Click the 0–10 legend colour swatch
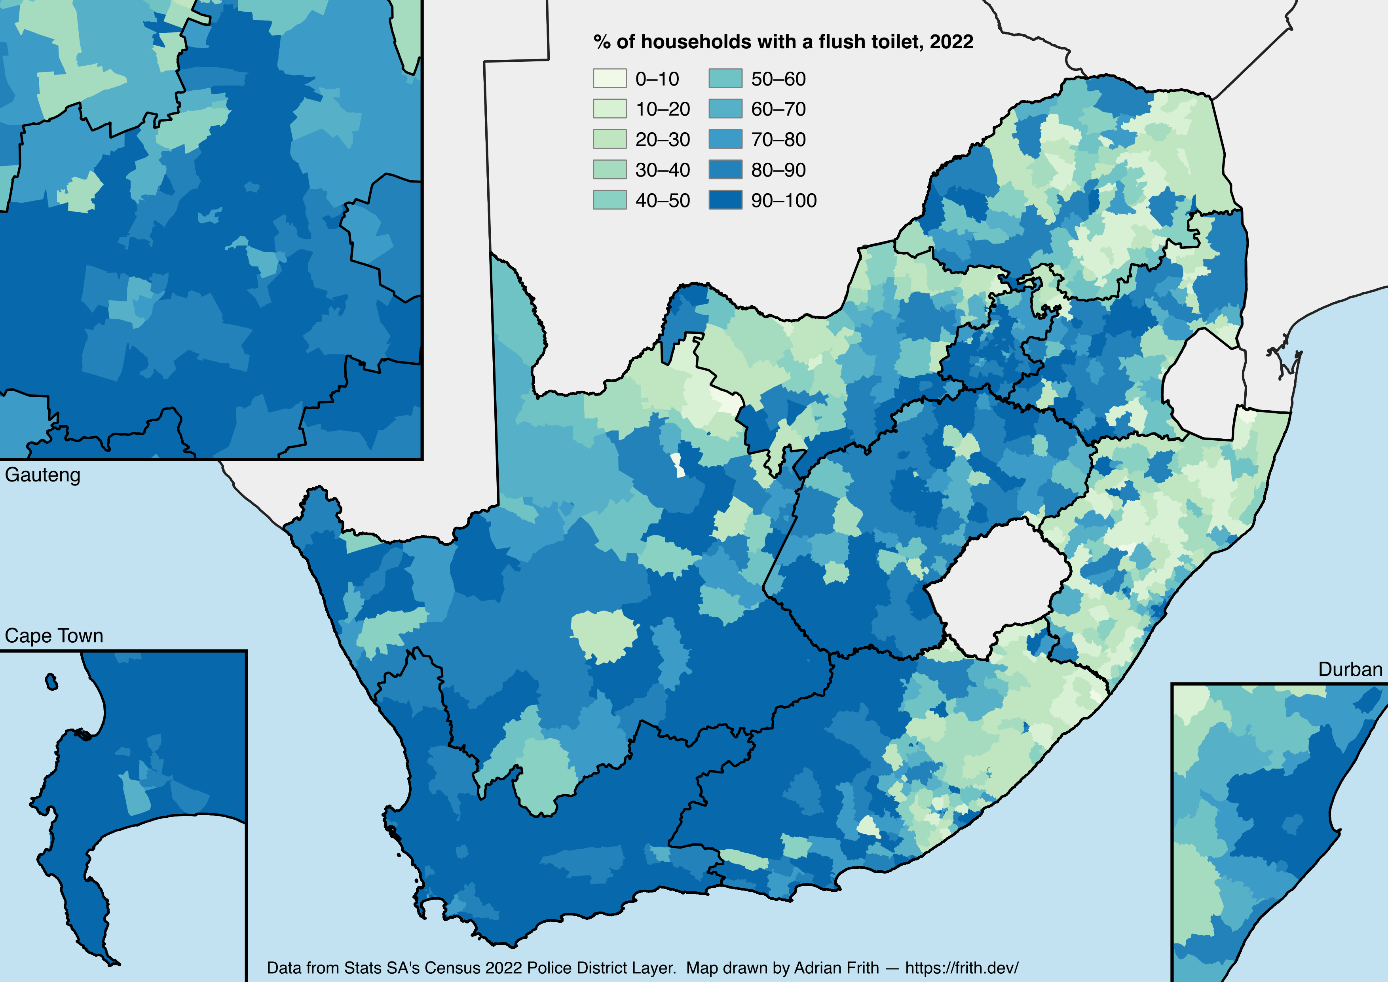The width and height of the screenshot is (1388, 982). (x=610, y=79)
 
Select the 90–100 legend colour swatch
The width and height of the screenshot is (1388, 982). (x=725, y=200)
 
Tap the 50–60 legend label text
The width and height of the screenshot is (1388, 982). (x=778, y=79)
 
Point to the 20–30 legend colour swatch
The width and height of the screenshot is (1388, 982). (x=610, y=139)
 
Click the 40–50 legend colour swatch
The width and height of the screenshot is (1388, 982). (x=610, y=200)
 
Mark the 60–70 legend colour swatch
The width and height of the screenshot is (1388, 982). (x=725, y=109)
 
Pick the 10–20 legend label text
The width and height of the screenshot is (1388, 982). (x=663, y=109)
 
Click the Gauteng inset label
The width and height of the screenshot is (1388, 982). (x=42, y=475)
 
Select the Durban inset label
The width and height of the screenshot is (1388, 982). (x=1350, y=669)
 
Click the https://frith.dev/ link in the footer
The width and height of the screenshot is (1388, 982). (x=962, y=967)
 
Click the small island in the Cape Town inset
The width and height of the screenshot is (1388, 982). (x=51, y=682)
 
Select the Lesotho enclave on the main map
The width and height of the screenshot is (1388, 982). (x=997, y=586)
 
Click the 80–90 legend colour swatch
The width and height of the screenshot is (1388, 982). (x=725, y=170)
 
